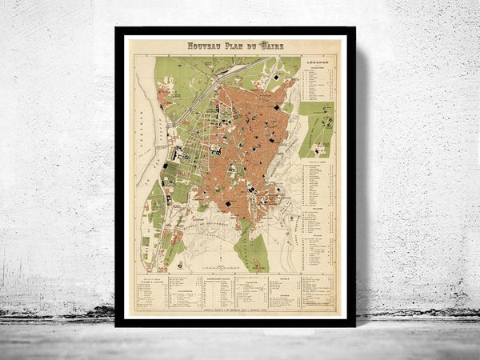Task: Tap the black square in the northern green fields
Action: point(278,77)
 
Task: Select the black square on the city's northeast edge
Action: point(278,107)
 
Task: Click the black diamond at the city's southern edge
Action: point(227,206)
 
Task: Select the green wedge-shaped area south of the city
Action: point(253,248)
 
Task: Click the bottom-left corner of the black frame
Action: point(118,324)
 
